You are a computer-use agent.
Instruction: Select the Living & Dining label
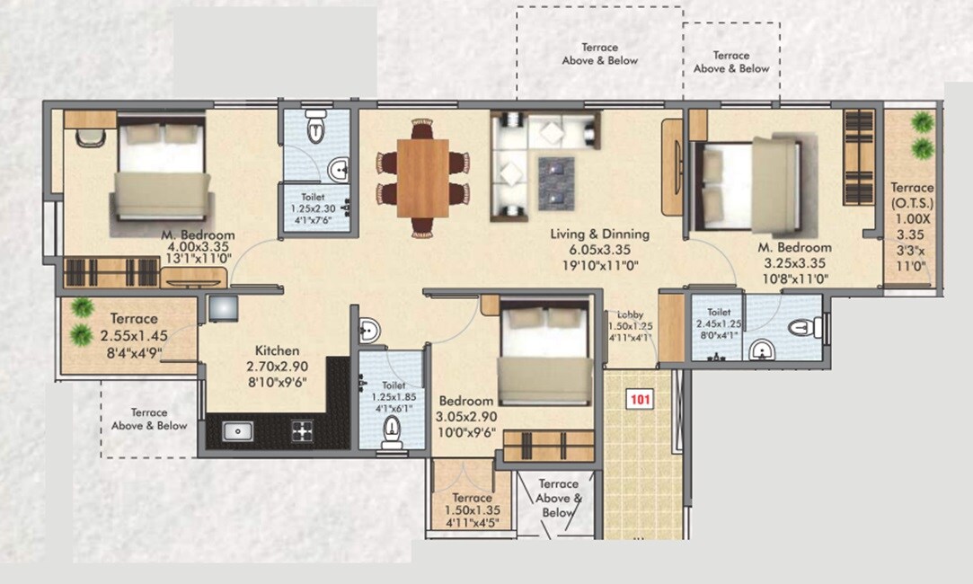[599, 234]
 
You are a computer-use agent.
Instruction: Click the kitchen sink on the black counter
[237, 431]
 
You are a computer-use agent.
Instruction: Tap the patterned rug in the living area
[556, 179]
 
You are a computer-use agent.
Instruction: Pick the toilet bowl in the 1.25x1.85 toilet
[392, 435]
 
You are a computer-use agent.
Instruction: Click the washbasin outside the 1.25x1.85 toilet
[369, 331]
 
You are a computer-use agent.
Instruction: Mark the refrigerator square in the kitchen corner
[223, 308]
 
